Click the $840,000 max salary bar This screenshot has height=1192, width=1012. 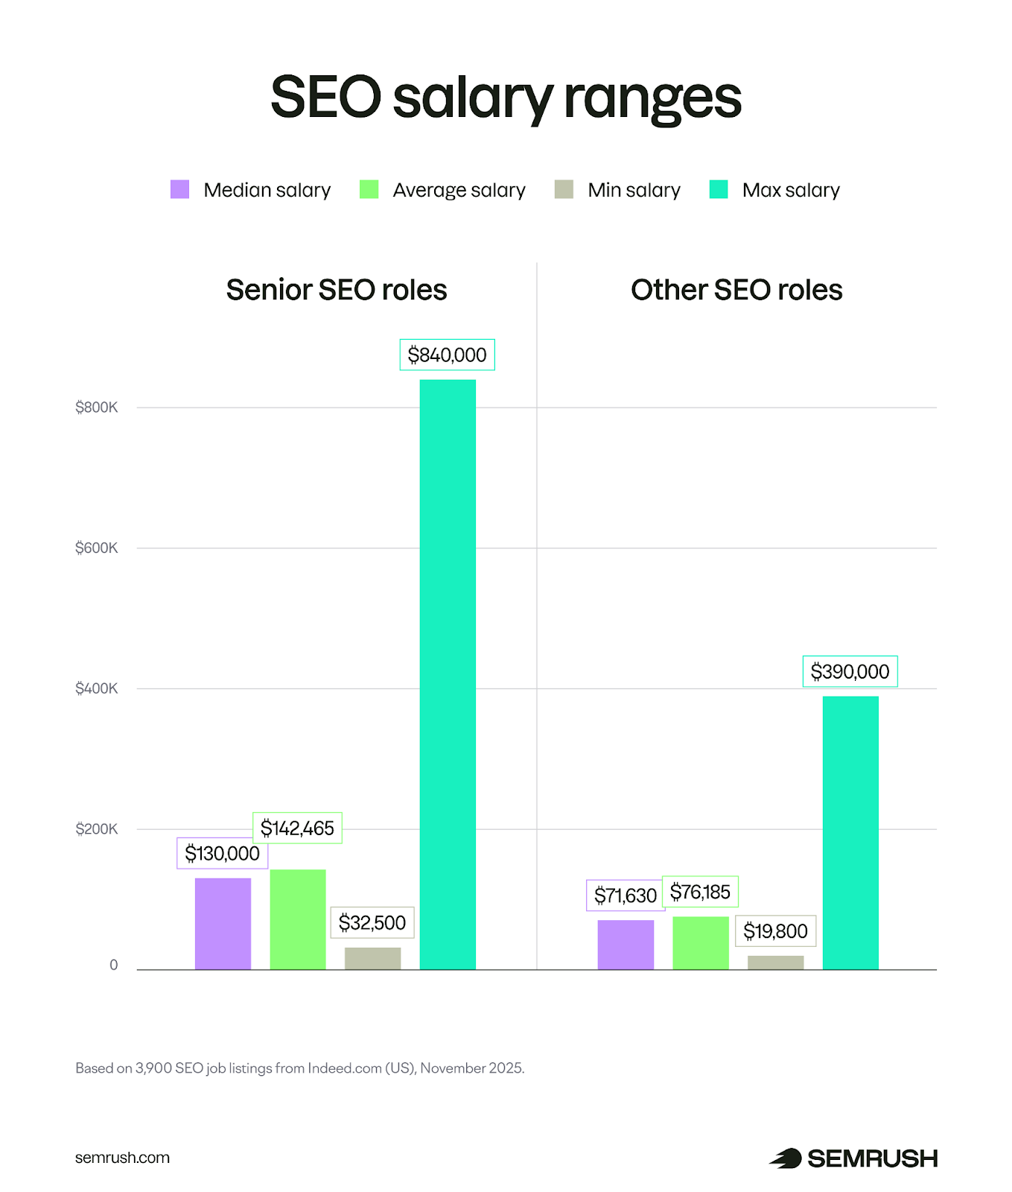(448, 674)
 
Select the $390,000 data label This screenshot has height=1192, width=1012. (850, 671)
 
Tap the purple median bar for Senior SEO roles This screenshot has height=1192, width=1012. (223, 924)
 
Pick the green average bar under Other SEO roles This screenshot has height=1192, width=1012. (700, 943)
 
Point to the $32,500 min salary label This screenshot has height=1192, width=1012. (372, 923)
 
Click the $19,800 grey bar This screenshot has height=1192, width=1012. (775, 963)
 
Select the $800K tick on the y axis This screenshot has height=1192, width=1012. (97, 408)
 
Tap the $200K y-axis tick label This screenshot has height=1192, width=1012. (97, 829)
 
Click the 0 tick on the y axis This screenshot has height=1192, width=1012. (114, 966)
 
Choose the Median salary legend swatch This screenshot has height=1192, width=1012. (179, 189)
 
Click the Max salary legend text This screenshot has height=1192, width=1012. (791, 190)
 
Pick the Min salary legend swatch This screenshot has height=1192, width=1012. (564, 189)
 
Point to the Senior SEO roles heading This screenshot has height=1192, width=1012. (337, 290)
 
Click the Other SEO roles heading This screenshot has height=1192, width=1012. (736, 290)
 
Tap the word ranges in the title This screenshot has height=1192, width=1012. (652, 98)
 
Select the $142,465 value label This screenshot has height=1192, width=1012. (297, 828)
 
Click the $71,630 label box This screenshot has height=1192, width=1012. (625, 895)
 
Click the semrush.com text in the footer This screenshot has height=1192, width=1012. (122, 1158)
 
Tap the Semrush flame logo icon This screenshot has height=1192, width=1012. (786, 1158)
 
